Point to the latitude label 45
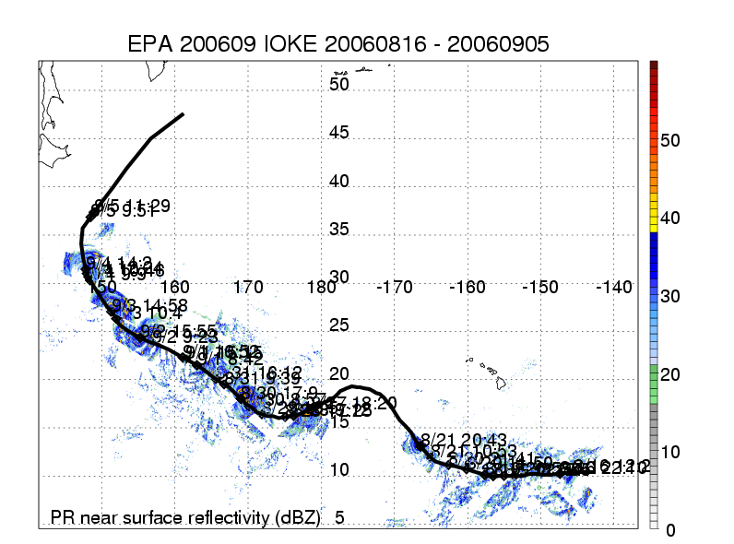339,133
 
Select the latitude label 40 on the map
339,182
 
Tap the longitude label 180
322,288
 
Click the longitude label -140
613,288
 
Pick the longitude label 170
248,288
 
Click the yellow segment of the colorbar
654,221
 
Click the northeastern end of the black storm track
183,114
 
